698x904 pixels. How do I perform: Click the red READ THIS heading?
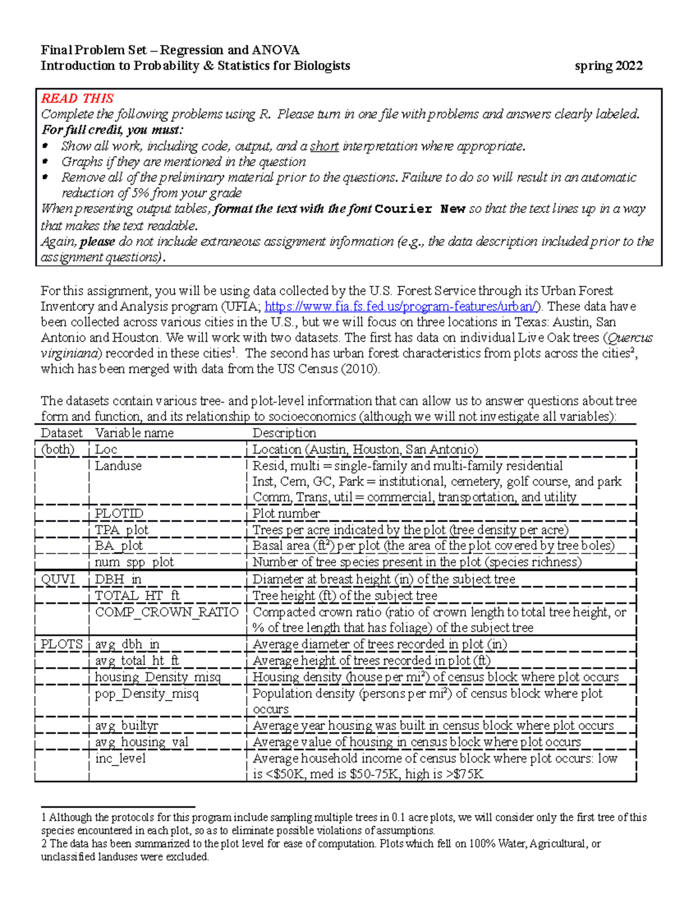[77, 98]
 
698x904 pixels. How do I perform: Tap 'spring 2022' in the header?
[608, 66]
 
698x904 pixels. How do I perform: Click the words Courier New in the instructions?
[420, 210]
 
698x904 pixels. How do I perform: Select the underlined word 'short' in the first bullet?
[324, 146]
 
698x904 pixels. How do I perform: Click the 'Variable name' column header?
[134, 433]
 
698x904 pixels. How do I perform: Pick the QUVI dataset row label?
[58, 579]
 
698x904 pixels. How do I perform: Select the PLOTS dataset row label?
[61, 644]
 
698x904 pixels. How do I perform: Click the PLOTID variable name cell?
[119, 513]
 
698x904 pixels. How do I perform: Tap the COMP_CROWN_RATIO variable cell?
[166, 612]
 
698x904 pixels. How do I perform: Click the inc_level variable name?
[120, 758]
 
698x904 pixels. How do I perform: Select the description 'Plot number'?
[286, 513]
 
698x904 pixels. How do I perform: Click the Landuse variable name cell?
[118, 466]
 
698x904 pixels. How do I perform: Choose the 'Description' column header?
[284, 433]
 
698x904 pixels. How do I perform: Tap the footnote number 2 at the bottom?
[44, 843]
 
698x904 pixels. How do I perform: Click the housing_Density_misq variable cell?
[158, 677]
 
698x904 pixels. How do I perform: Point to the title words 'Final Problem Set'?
[94, 50]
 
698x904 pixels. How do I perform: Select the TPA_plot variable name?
[122, 530]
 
